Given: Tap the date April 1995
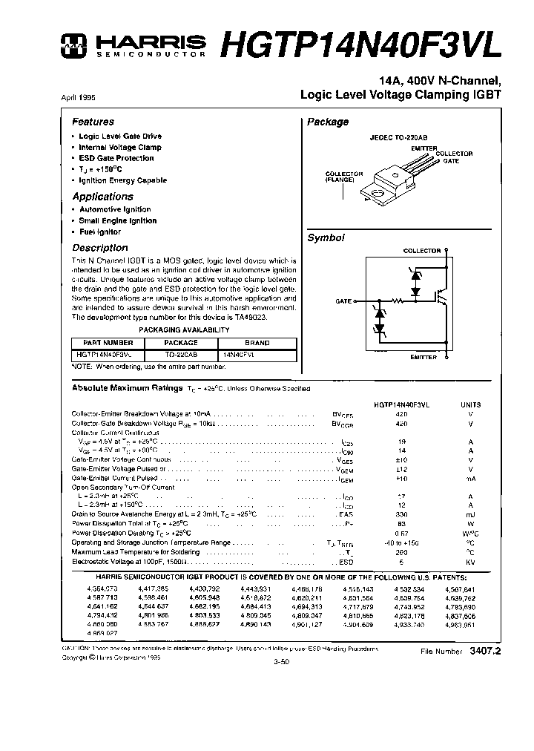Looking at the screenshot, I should pyautogui.click(x=77, y=98).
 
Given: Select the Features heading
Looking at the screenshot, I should pyautogui.click(x=93, y=122).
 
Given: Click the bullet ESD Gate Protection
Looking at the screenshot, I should pyautogui.click(x=116, y=158).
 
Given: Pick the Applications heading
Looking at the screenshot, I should pyautogui.click(x=102, y=197).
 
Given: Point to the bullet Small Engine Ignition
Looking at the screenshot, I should pyautogui.click(x=118, y=220).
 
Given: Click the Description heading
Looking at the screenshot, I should pyautogui.click(x=99, y=248).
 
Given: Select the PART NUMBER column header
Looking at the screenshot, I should pyautogui.click(x=108, y=343).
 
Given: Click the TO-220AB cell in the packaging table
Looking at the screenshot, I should pyautogui.click(x=180, y=355).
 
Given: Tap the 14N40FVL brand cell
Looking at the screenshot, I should pyautogui.click(x=257, y=355).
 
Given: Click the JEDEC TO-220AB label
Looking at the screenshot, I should pyautogui.click(x=398, y=137).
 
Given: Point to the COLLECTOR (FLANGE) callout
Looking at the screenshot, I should pyautogui.click(x=344, y=177).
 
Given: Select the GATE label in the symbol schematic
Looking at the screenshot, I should pyautogui.click(x=343, y=301).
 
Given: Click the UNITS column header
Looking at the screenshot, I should pyautogui.click(x=470, y=404).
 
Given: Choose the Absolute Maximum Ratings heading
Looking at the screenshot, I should pyautogui.click(x=126, y=388).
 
